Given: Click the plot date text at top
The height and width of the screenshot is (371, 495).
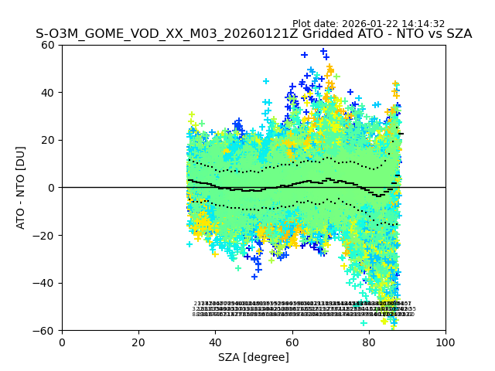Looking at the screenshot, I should point(368,24).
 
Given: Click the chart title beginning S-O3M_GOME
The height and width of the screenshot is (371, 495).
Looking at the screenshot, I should point(254,35).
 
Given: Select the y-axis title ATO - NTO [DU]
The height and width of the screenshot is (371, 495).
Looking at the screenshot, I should point(22,187).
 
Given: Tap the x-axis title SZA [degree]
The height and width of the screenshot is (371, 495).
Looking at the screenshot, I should point(254,357).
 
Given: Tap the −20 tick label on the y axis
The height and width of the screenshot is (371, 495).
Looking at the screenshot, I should point(46,235).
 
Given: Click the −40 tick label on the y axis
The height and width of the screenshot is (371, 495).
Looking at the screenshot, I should point(46,283).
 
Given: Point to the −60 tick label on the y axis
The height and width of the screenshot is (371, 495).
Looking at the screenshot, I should point(46,330).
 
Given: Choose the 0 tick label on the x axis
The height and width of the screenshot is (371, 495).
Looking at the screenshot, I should point(62,342).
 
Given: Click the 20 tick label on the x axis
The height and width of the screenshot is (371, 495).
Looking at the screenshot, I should point(138,342).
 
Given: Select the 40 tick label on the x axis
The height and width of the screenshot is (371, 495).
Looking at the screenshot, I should point(215,342).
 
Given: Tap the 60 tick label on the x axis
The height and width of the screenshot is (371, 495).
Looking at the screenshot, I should point(292,342).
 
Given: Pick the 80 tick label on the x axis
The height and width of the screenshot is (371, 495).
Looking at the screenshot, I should point(368,342).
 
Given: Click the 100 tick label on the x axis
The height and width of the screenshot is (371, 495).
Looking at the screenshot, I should point(445,342).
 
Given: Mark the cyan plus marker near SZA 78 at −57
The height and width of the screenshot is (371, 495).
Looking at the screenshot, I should point(364,322).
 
